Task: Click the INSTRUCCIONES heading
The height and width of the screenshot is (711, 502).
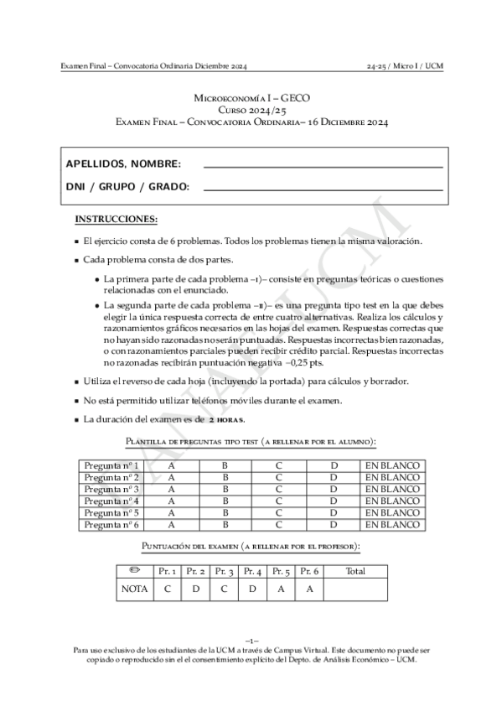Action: coord(116,220)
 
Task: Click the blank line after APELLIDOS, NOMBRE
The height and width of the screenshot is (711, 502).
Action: coord(323,168)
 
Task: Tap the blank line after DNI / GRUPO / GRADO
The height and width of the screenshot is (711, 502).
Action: coord(323,190)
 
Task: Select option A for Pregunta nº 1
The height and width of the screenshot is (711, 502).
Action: coord(172,465)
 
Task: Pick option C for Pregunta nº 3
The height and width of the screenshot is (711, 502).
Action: coord(279,489)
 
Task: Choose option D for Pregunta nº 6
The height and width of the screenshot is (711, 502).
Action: coord(333,524)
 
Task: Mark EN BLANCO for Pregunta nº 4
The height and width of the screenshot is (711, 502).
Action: coord(391,501)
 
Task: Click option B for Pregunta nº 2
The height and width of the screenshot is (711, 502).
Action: coord(225,477)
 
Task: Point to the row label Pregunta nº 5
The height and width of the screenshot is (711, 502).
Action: coord(112,512)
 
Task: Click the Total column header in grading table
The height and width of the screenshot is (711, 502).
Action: coord(355,570)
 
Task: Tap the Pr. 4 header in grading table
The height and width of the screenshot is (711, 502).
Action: coord(252,570)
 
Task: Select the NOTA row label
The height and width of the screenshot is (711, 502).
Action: coord(134,589)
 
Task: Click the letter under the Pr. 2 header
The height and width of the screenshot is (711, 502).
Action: coord(195,589)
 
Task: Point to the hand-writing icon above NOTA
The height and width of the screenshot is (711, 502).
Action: coord(133,570)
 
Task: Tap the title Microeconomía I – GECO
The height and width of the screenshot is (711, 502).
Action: coord(251,98)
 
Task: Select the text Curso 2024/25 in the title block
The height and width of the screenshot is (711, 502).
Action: coord(251,110)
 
